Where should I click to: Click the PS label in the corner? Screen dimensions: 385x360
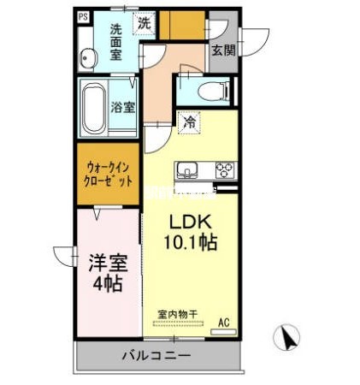tap(83, 16)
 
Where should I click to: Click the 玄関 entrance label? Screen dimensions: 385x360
tap(224, 49)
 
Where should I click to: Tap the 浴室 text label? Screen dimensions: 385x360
tap(122, 108)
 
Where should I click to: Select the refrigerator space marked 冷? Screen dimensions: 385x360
tap(188, 122)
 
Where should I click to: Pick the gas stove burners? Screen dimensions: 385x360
tap(225, 169)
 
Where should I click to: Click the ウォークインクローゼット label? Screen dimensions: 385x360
tap(109, 174)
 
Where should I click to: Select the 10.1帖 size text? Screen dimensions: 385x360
tap(191, 242)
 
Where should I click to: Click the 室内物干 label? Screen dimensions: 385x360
tap(177, 314)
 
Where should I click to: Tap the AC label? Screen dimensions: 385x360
tap(224, 322)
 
